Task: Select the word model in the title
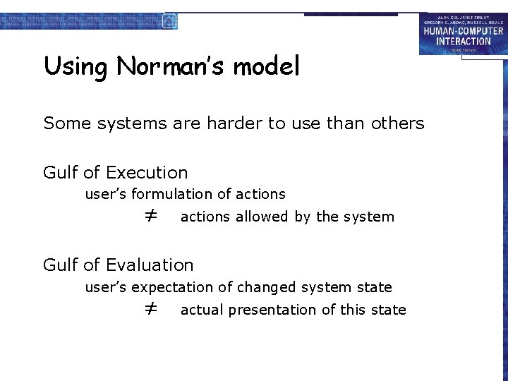tap(266, 66)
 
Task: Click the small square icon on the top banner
tap(169, 20)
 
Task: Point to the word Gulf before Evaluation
tap(60, 265)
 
